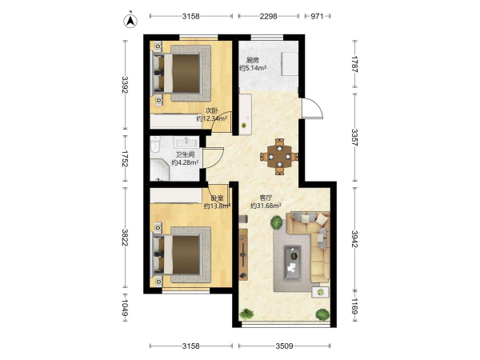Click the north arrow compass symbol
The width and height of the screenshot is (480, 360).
point(130,20)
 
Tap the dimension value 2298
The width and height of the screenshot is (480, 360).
point(268,16)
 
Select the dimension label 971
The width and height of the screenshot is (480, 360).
point(317,16)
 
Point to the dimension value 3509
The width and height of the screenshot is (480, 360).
point(284,346)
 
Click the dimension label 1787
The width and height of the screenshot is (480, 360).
point(354,64)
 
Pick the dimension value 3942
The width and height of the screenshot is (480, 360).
point(354,238)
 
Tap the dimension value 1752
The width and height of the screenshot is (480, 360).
point(125,158)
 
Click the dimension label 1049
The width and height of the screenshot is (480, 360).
point(125,307)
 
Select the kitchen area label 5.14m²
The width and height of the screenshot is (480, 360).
point(253,68)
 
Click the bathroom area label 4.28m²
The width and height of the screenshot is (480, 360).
point(185,162)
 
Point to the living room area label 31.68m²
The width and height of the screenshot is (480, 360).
point(266,206)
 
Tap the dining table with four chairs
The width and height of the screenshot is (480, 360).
point(279,157)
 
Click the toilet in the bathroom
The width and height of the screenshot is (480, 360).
point(155,145)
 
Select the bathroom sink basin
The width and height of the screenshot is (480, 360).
point(186,142)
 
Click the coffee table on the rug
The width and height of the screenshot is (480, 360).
point(292,263)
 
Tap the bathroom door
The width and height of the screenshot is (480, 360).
point(214,158)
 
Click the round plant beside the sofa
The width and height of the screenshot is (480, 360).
point(277,222)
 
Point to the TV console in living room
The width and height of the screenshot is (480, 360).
point(243,254)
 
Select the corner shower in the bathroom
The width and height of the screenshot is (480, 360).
point(159,170)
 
